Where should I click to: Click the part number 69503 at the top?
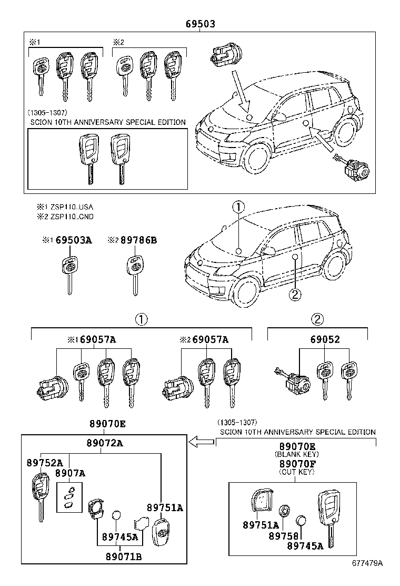pos(201,24)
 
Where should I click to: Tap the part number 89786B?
pos(138,240)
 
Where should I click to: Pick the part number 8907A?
pos(70,473)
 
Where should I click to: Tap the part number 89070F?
pos(297,464)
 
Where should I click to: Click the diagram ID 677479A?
pos(367,578)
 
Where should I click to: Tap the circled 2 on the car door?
pos(295,295)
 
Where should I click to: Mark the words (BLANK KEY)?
pos(297,454)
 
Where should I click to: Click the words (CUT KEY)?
pos(297,472)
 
